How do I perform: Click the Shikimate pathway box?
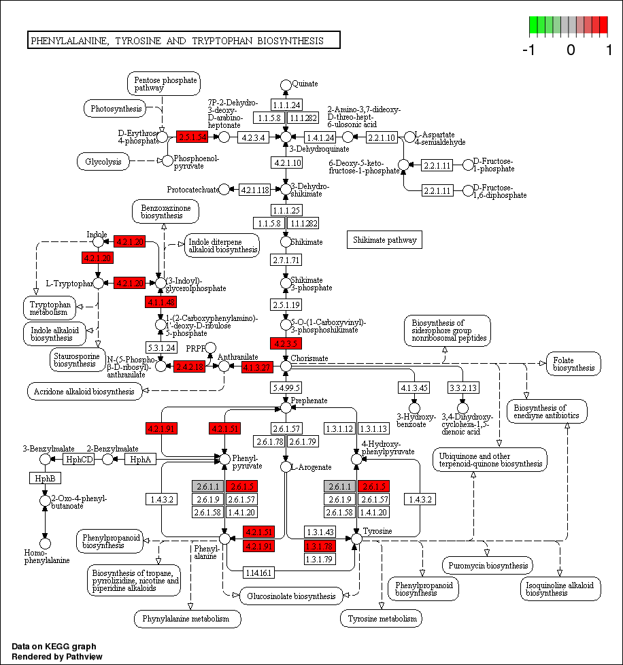click(385, 239)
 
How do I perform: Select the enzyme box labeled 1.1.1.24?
click(286, 105)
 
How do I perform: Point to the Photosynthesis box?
click(116, 108)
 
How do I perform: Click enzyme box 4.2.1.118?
click(255, 189)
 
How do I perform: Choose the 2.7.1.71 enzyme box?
click(286, 260)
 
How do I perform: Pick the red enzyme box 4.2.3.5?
click(286, 343)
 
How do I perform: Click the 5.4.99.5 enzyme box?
click(286, 387)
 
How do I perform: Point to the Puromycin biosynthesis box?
click(488, 565)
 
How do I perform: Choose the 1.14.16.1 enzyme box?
click(258, 573)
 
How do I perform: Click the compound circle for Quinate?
click(286, 84)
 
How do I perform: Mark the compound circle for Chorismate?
click(286, 366)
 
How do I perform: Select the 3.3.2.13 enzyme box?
click(462, 388)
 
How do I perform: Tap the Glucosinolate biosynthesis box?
click(290, 596)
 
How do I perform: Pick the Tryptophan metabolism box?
click(50, 308)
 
